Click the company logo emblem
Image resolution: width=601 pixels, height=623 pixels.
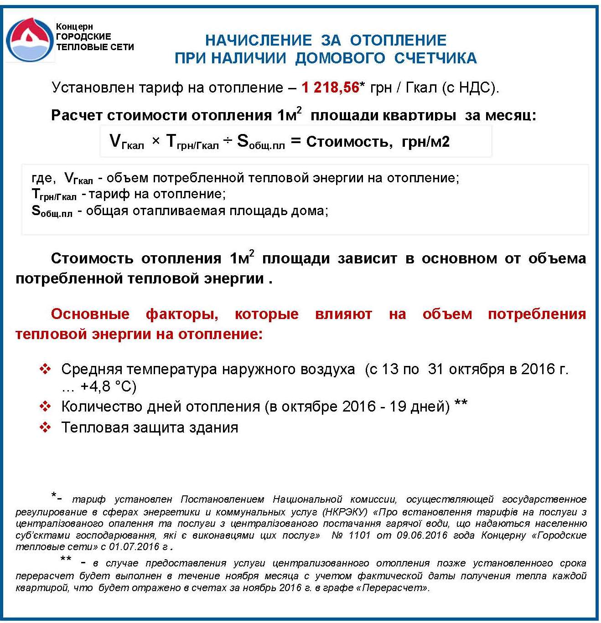(x=30, y=40)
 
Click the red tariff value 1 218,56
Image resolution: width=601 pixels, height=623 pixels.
(x=330, y=87)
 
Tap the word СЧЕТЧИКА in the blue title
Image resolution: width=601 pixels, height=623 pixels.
(x=435, y=58)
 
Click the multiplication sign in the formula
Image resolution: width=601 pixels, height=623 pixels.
(x=156, y=141)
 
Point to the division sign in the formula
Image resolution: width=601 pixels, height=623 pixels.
(x=228, y=141)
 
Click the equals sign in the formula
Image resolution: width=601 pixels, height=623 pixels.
(x=296, y=141)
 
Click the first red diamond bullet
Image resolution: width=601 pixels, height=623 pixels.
(x=45, y=369)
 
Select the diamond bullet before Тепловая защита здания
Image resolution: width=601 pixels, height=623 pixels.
(x=45, y=427)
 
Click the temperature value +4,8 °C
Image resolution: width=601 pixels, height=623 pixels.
(x=108, y=386)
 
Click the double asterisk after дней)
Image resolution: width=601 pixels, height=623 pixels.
(x=461, y=403)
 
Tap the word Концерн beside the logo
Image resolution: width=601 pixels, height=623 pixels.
(x=74, y=27)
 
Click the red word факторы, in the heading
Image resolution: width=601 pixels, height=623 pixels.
(x=182, y=314)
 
